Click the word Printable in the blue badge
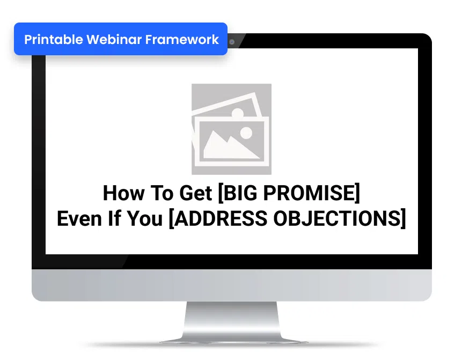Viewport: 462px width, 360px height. (x=54, y=40)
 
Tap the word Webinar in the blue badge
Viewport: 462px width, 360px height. (x=114, y=40)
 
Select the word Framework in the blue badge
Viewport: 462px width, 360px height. (x=182, y=40)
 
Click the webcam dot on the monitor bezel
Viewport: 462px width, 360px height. (x=232, y=42)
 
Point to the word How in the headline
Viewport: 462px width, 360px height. (x=124, y=193)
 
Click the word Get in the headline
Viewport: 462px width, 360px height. (x=196, y=193)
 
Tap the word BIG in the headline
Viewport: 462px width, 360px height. (x=240, y=193)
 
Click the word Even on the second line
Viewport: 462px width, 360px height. (x=79, y=218)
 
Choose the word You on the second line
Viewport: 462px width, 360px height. (x=145, y=218)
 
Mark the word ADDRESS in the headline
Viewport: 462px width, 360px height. (x=221, y=218)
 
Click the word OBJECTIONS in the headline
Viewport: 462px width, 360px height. (x=337, y=218)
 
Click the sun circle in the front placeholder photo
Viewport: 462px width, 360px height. (x=246, y=133)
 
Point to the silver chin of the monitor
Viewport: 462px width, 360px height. (x=232, y=285)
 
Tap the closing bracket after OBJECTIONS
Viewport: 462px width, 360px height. (x=404, y=218)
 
